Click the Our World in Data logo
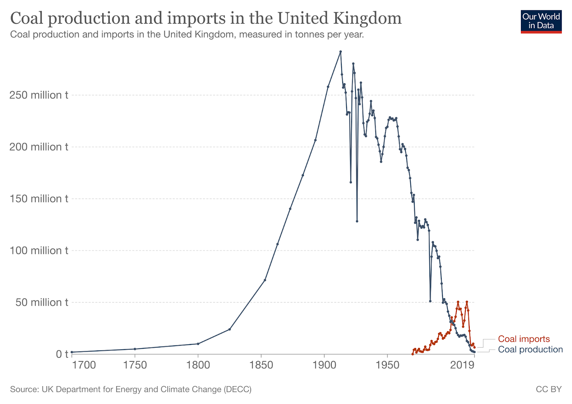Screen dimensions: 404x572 click(x=541, y=21)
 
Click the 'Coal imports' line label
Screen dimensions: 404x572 click(x=524, y=339)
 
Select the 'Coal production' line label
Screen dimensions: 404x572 click(x=530, y=349)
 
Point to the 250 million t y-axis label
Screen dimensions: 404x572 click(x=39, y=95)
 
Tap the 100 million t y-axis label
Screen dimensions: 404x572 click(x=39, y=251)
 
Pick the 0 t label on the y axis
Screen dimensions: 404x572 click(x=62, y=354)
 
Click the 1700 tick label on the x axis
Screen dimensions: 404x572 click(x=84, y=365)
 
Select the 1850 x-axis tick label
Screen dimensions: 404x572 click(x=261, y=365)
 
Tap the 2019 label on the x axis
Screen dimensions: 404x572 click(x=462, y=365)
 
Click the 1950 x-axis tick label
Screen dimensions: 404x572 click(x=388, y=365)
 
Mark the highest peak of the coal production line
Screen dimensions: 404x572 click(x=341, y=51)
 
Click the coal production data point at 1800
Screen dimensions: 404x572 click(x=198, y=344)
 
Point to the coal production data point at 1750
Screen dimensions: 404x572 click(x=135, y=349)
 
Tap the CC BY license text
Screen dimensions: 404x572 click(x=548, y=389)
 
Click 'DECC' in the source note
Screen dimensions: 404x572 click(x=237, y=389)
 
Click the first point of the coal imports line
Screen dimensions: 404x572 click(x=413, y=354)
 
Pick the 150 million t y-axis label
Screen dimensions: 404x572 click(x=39, y=199)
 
